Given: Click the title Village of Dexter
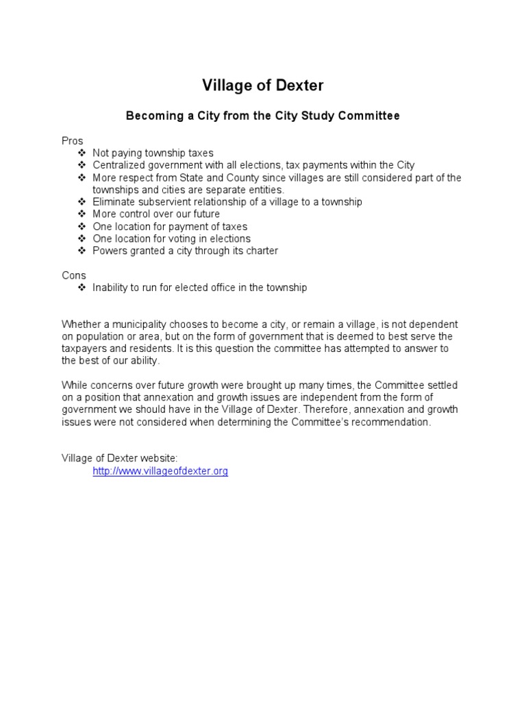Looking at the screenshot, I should tap(262, 86).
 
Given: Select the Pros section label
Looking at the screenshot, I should tap(72, 141).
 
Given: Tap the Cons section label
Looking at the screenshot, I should tap(73, 275).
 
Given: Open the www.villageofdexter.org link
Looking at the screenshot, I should tap(160, 472).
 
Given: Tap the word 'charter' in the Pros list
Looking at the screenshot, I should tap(260, 251).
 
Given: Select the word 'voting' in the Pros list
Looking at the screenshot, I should tap(173, 239).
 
